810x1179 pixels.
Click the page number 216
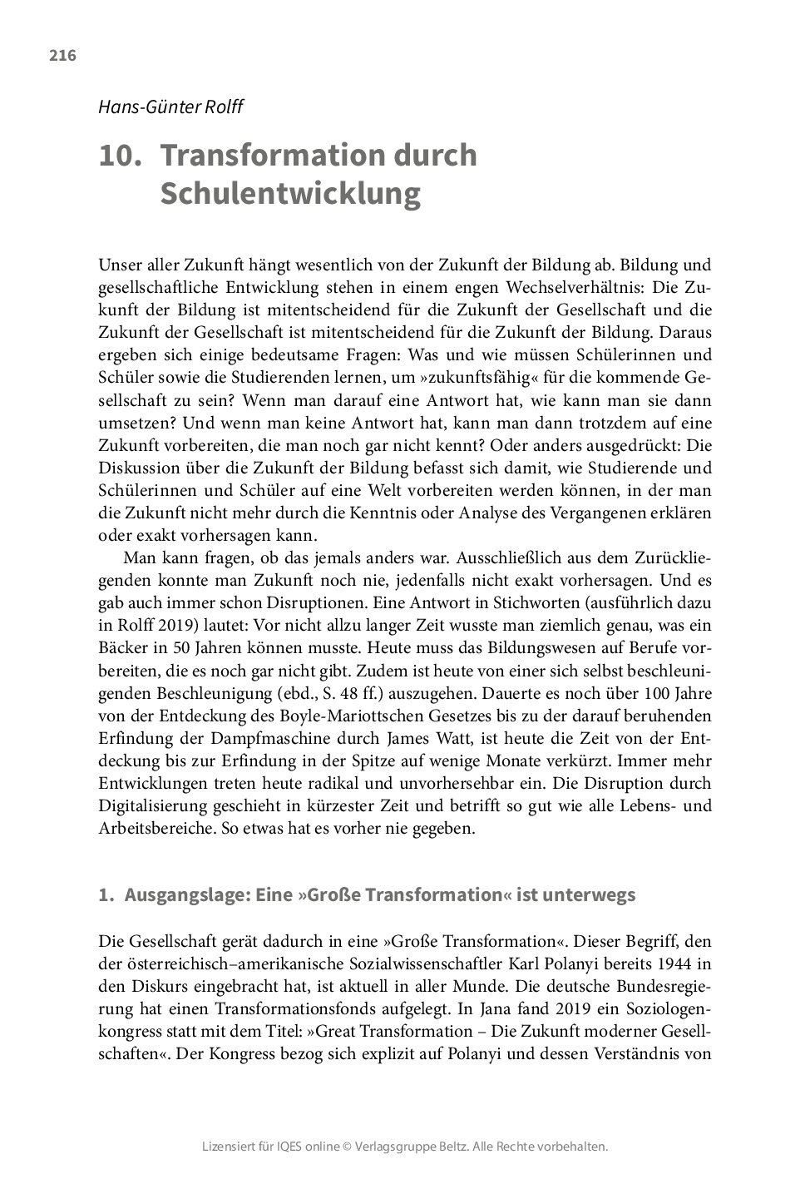tap(62, 56)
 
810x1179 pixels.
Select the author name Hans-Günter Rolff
tap(170, 107)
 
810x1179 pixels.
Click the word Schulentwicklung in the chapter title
tap(289, 193)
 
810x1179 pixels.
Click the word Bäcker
tap(123, 648)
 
